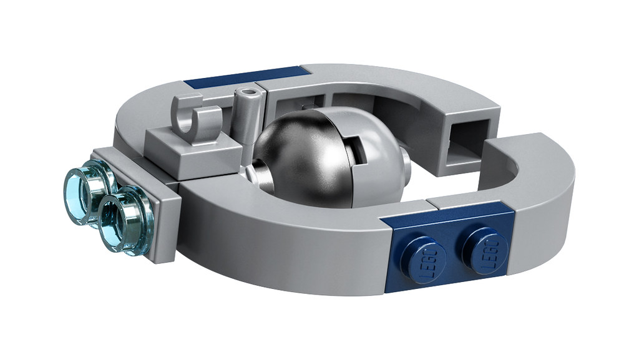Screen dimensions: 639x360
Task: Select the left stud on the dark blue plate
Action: [x=424, y=260]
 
